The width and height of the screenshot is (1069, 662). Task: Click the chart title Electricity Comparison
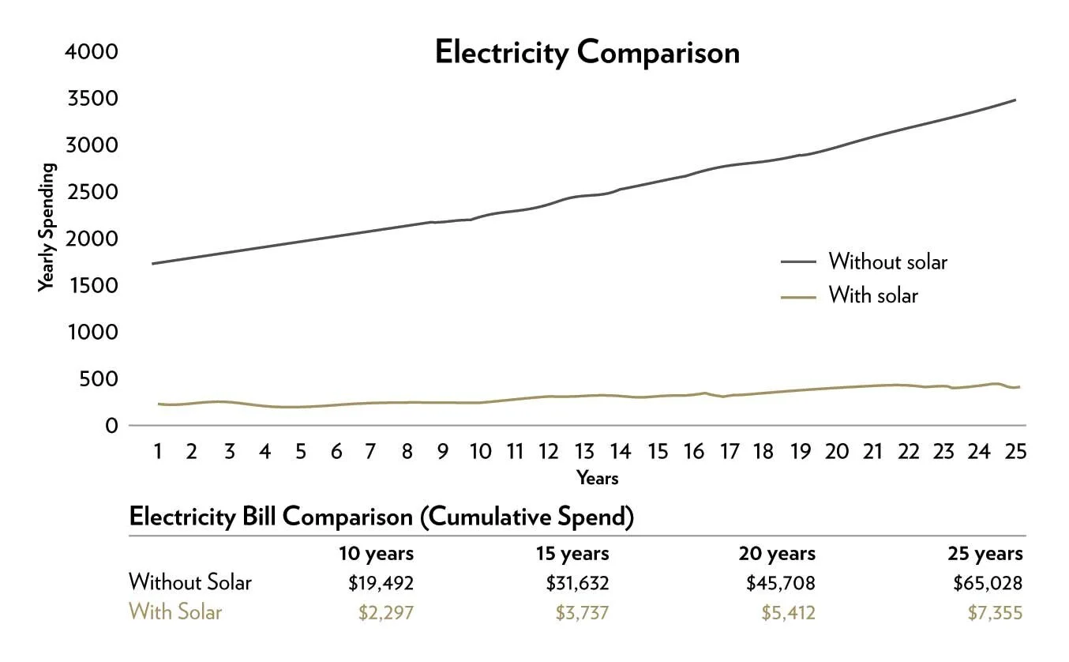point(587,53)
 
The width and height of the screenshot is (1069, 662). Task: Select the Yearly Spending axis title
point(47,228)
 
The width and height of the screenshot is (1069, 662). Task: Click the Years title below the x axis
point(598,478)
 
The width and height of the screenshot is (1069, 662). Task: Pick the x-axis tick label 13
point(584,452)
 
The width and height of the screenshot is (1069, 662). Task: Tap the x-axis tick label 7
point(369,452)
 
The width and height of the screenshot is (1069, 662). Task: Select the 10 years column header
point(377,553)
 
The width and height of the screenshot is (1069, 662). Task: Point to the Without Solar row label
point(190,583)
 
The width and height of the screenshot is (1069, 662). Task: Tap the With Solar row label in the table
point(175,612)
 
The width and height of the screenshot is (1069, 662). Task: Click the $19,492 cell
point(381,584)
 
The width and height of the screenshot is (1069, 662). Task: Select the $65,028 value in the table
point(987,584)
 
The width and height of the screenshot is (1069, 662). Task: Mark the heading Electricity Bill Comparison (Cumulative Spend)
point(381,517)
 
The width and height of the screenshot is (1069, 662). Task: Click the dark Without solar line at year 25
point(1014,100)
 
